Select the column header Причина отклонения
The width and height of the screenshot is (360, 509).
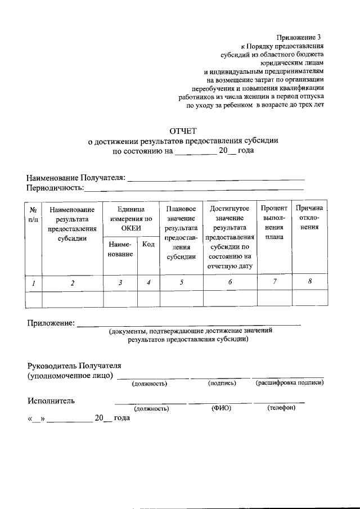tap(309, 218)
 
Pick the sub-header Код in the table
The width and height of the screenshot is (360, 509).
tap(148, 244)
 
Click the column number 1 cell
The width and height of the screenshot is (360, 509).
tap(34, 283)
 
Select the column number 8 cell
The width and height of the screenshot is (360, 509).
tap(310, 282)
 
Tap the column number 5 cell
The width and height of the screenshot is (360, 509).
tap(181, 283)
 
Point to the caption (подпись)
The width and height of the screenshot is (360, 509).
tap(222, 384)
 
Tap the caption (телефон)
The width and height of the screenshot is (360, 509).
tap(281, 408)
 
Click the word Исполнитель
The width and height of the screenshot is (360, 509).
tap(51, 401)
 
